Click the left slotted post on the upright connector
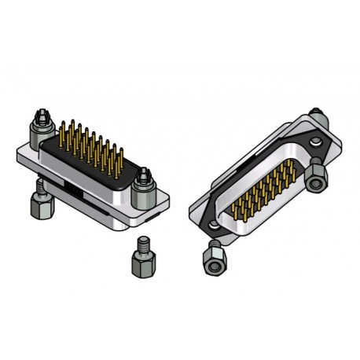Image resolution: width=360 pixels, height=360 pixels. click(40, 129)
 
